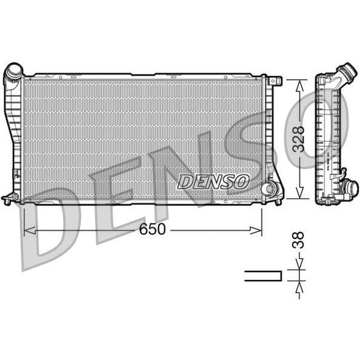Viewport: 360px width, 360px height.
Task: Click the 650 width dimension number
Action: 152,229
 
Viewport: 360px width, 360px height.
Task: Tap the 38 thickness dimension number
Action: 298,240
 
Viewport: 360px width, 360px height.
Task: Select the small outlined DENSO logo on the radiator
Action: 213,182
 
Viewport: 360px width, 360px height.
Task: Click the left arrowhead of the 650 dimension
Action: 30,230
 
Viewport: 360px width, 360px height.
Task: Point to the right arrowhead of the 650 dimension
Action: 256,230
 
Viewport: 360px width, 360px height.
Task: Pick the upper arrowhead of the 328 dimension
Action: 299,86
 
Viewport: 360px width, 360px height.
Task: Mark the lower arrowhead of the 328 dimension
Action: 299,192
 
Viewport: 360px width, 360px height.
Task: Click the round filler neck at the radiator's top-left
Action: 14,71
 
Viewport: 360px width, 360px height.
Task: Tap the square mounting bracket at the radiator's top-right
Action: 275,81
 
